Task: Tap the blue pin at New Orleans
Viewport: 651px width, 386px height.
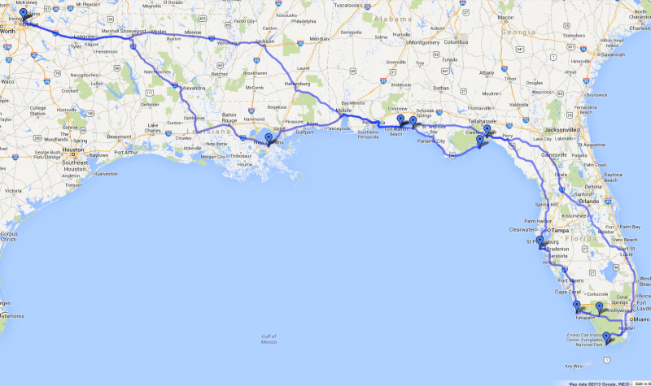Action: pyautogui.click(x=269, y=138)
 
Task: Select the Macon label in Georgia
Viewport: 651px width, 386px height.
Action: pyautogui.click(x=506, y=17)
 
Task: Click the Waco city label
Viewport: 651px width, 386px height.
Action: pyautogui.click(x=9, y=82)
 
